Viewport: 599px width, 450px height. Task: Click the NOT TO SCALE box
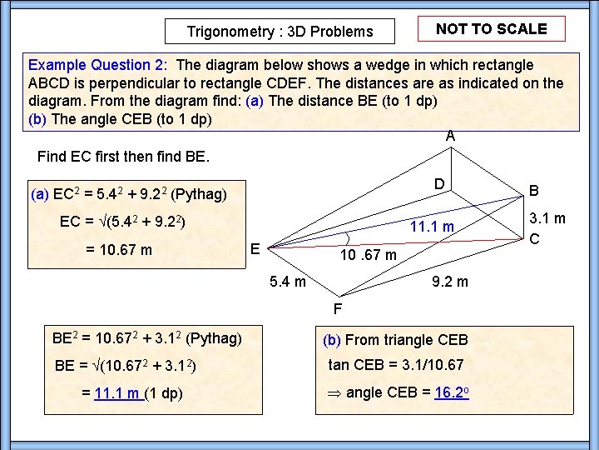point(491,29)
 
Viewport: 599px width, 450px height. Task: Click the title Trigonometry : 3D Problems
point(280,32)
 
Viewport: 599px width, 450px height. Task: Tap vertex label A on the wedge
point(450,135)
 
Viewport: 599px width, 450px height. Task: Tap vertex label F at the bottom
point(337,310)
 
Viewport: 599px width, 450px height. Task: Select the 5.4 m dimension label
point(289,282)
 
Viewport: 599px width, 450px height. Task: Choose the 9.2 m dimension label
point(450,282)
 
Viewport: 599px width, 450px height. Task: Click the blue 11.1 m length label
point(432,227)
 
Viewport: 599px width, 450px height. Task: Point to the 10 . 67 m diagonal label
point(370,253)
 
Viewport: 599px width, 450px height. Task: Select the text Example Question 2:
point(98,65)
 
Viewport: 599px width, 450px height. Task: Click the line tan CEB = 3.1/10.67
point(395,365)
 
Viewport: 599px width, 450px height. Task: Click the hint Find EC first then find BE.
point(124,157)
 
